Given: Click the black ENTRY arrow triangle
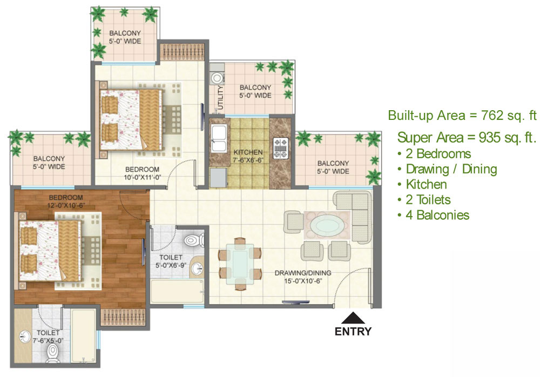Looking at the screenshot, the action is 352,318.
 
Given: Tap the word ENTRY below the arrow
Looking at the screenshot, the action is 353,332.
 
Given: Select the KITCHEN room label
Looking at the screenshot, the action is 248,152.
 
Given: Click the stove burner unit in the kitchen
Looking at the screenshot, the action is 280,148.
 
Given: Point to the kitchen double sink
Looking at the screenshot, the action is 219,138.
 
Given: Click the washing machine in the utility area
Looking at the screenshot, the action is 217,78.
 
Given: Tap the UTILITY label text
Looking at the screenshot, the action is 220,98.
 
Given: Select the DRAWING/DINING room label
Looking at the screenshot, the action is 303,273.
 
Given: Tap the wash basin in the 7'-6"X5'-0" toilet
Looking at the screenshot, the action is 24,336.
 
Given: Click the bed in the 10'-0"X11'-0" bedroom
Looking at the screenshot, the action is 131,119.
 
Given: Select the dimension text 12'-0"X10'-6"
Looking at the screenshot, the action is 66,205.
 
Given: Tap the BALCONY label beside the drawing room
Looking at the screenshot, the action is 333,163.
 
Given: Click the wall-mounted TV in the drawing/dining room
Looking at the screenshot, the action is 295,302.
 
